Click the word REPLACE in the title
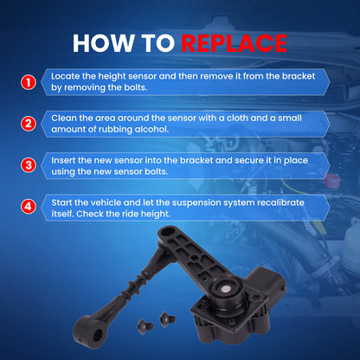[234, 43]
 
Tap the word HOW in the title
[104, 43]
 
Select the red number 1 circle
[29, 82]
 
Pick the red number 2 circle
[29, 124]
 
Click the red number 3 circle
[29, 165]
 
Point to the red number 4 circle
[29, 207]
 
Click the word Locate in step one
[66, 76]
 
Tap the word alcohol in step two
[151, 129]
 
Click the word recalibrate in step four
[280, 202]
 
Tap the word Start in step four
[61, 202]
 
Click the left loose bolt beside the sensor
[145, 326]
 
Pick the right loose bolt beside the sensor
[167, 319]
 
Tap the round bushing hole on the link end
[99, 335]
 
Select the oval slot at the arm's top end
[169, 231]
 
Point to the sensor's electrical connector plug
[267, 280]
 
